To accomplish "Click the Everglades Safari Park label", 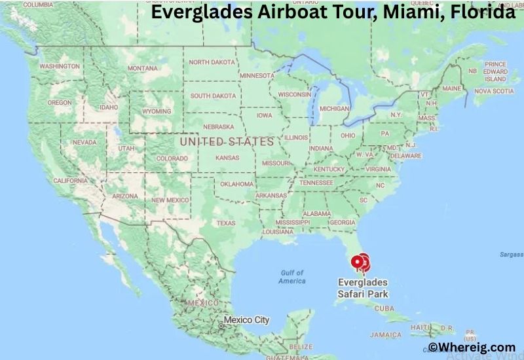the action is pos(362,288).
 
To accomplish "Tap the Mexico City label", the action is pos(246,320).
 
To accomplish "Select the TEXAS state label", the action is pos(225,223).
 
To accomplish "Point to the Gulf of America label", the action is pos(291,277).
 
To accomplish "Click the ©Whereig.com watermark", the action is pos(472,348).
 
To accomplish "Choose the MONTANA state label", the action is pos(142,68).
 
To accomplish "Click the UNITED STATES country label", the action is pos(227,141).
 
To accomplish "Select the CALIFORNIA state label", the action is pos(70,181).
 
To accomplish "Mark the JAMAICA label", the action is pos(386,334).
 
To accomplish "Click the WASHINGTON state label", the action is pos(60,66).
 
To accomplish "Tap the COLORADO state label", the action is pos(172,158).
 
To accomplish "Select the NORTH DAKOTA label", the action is pos(212,62).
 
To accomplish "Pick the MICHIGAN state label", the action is pos(334,108).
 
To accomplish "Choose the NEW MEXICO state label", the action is pos(171,200).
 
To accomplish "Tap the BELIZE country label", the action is pos(301,346).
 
